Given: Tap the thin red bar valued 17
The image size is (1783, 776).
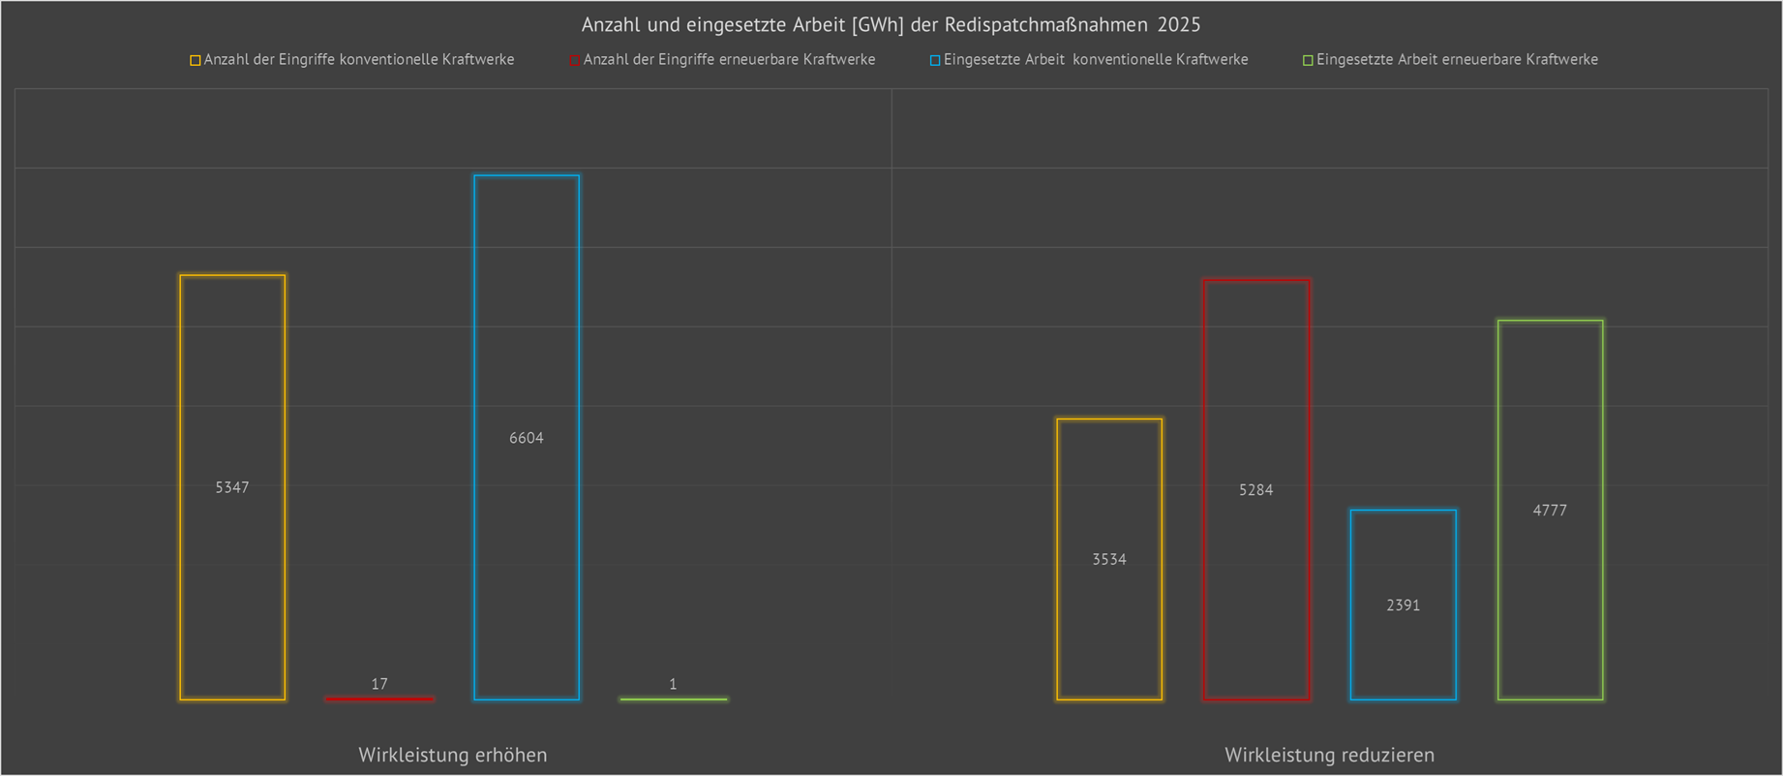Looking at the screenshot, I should point(379,698).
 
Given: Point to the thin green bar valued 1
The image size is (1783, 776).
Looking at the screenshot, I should point(674,698).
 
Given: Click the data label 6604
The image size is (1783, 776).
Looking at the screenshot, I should point(527,438).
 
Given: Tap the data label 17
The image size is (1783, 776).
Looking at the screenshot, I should point(379,684).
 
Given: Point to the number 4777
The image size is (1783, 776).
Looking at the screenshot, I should point(1550,511).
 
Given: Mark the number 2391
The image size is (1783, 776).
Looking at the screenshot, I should point(1404,605).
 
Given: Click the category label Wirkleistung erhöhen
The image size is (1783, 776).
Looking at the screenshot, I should point(453,755).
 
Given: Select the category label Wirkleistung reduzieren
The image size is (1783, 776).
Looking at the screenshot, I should point(1330,755).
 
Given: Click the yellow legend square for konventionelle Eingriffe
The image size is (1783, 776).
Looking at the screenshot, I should point(196,60).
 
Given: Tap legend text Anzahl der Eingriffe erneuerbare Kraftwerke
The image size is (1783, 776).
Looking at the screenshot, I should point(729,60).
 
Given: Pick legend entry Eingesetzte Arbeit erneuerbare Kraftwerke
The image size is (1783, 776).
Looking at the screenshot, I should point(1457,60).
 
